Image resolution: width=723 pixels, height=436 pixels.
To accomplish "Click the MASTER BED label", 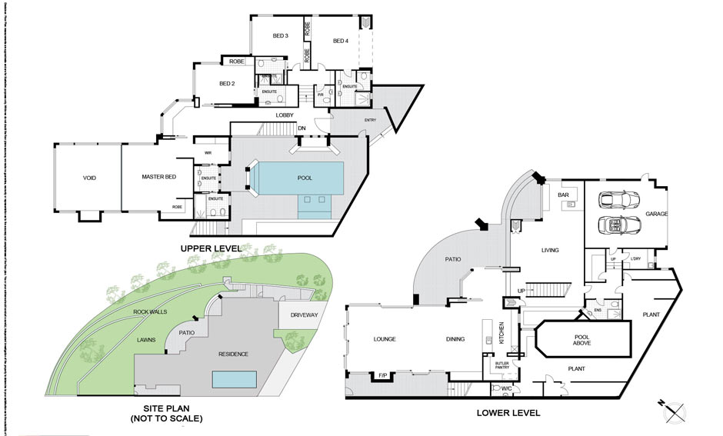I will pyautogui.click(x=159, y=178).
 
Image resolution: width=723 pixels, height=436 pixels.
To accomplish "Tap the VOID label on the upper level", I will pyautogui.click(x=90, y=178).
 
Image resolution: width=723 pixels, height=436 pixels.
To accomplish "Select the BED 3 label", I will pyautogui.click(x=280, y=36).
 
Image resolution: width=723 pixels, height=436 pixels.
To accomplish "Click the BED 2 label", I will pyautogui.click(x=227, y=84).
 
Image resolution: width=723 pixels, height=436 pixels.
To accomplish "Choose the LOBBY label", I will pyautogui.click(x=286, y=115).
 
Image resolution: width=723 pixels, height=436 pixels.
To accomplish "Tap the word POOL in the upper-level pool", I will pyautogui.click(x=305, y=178).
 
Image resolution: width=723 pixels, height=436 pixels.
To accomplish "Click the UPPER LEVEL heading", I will pyautogui.click(x=210, y=248).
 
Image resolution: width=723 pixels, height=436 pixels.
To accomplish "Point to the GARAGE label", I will pyautogui.click(x=656, y=214).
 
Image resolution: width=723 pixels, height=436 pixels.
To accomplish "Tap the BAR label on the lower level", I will pyautogui.click(x=562, y=195).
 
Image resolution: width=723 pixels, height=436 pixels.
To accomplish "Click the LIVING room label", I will pyautogui.click(x=549, y=250).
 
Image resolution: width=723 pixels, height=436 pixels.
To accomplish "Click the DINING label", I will pyautogui.click(x=455, y=338).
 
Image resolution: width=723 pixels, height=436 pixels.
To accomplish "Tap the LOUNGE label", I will pyautogui.click(x=384, y=338).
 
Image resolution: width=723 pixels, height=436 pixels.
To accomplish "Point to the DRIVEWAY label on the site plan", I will pyautogui.click(x=305, y=315).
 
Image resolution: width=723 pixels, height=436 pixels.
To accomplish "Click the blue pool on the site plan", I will pyautogui.click(x=235, y=379).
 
